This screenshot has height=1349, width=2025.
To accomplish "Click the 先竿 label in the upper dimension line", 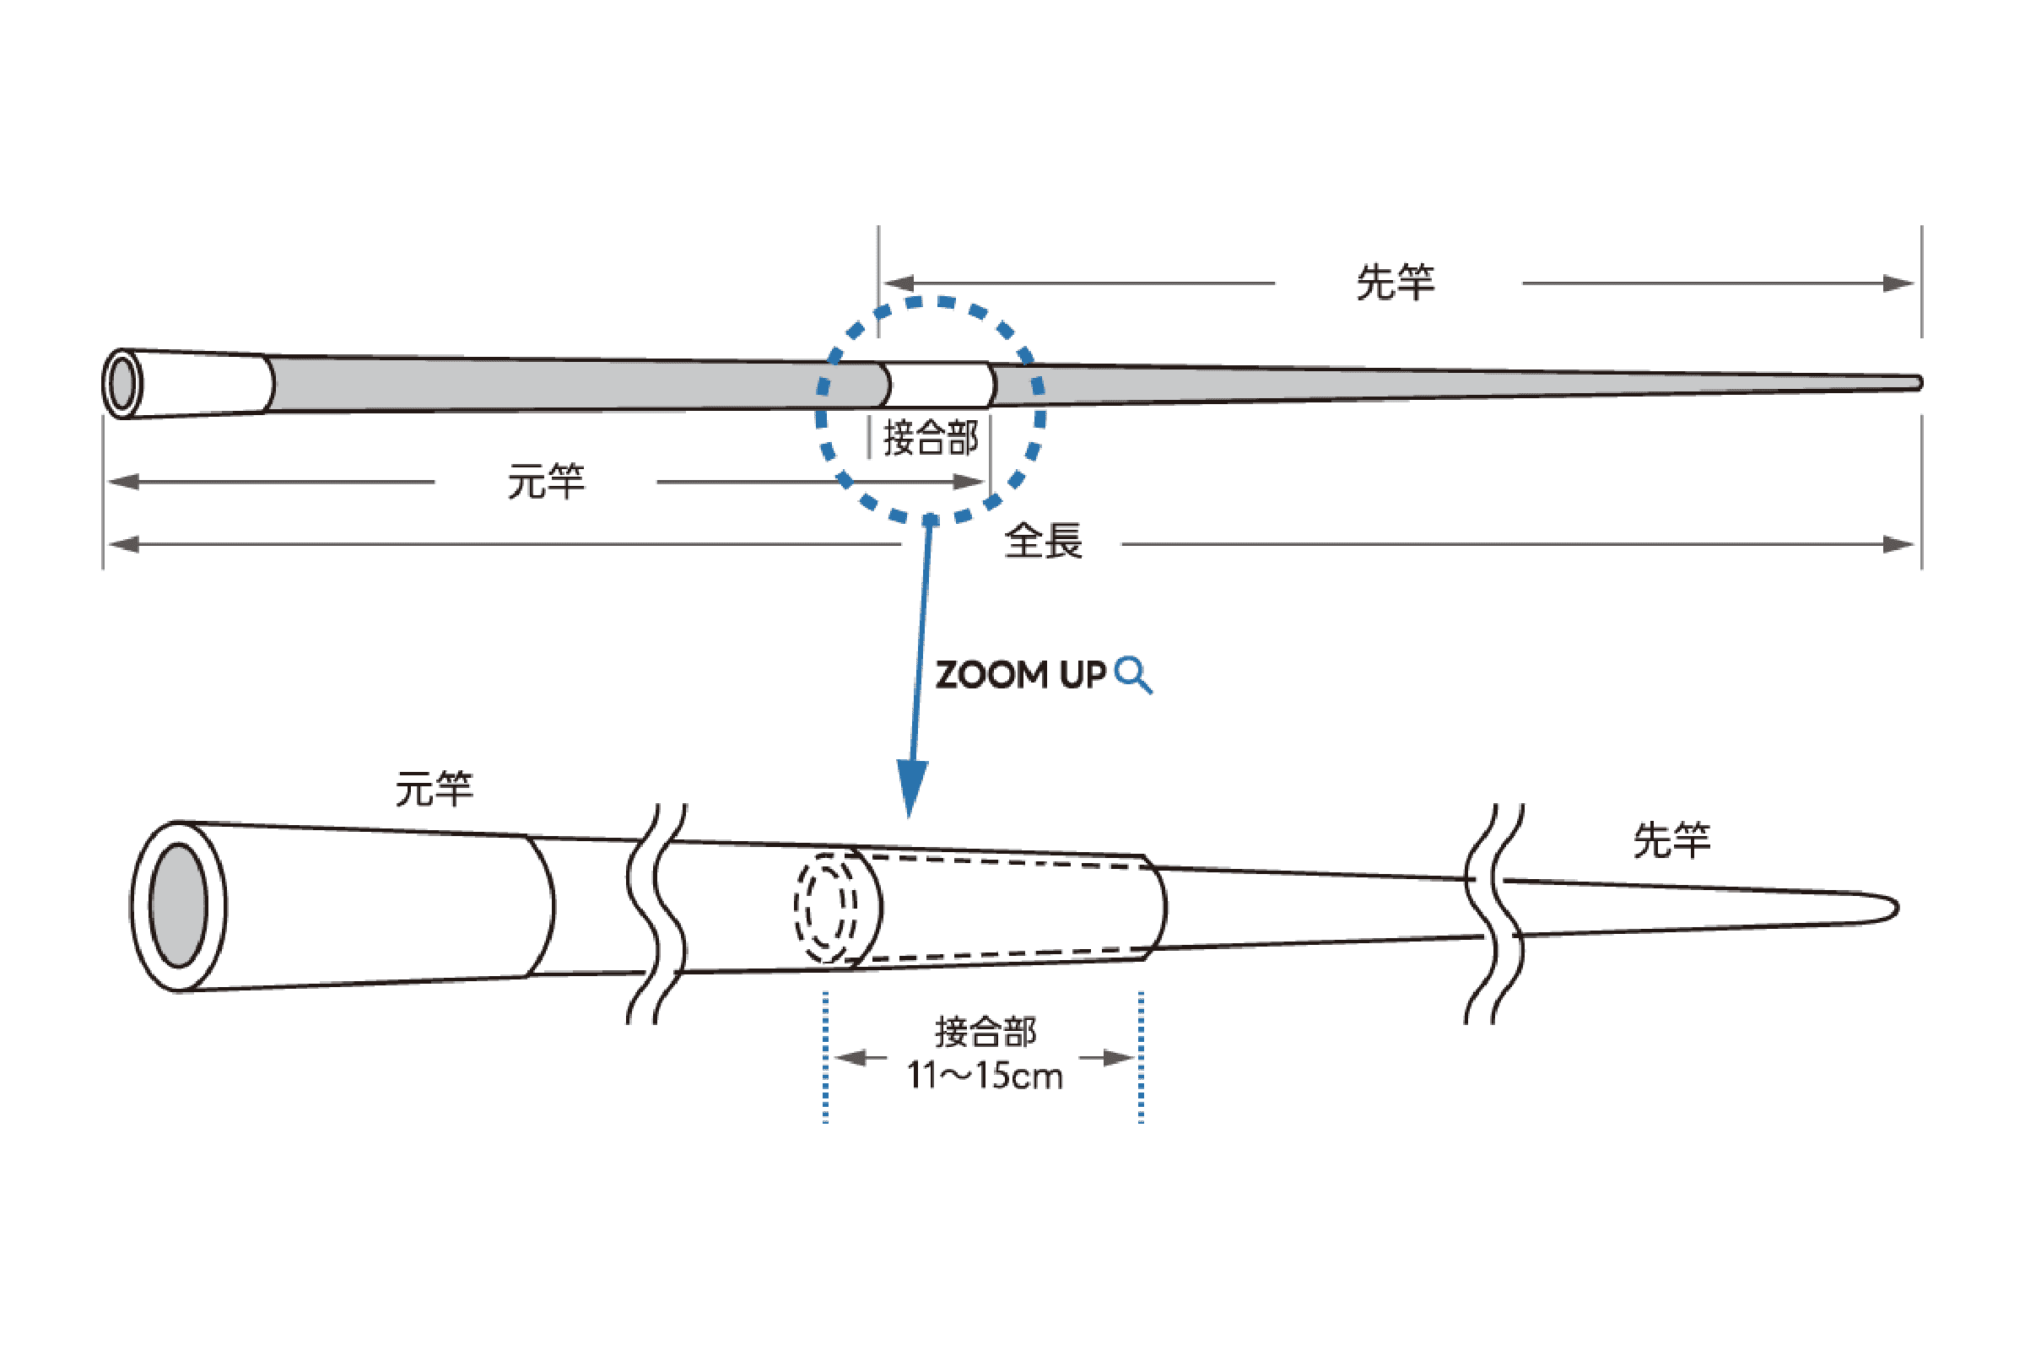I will tap(1396, 282).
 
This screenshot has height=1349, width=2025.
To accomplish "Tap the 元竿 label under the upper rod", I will tap(545, 481).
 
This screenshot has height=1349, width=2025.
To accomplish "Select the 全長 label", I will tap(1044, 542).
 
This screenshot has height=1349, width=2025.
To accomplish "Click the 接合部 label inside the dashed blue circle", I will tap(931, 437).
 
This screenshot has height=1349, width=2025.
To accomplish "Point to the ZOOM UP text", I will tap(1020, 676).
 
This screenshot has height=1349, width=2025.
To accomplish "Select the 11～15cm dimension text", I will tap(985, 1077).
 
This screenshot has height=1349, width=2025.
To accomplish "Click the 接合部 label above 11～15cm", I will tap(985, 1031).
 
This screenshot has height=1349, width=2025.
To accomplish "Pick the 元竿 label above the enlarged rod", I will tap(435, 788).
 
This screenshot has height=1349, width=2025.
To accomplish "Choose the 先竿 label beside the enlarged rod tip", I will tap(1671, 840).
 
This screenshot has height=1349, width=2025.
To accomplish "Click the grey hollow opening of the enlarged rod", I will tap(178, 906).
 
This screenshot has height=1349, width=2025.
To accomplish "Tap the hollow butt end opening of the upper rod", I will tap(123, 384).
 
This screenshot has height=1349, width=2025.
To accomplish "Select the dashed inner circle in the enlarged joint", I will tap(825, 907).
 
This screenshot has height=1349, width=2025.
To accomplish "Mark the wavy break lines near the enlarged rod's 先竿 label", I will tap(1494, 914).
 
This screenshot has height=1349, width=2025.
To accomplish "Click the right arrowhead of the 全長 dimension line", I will tap(1898, 543).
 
